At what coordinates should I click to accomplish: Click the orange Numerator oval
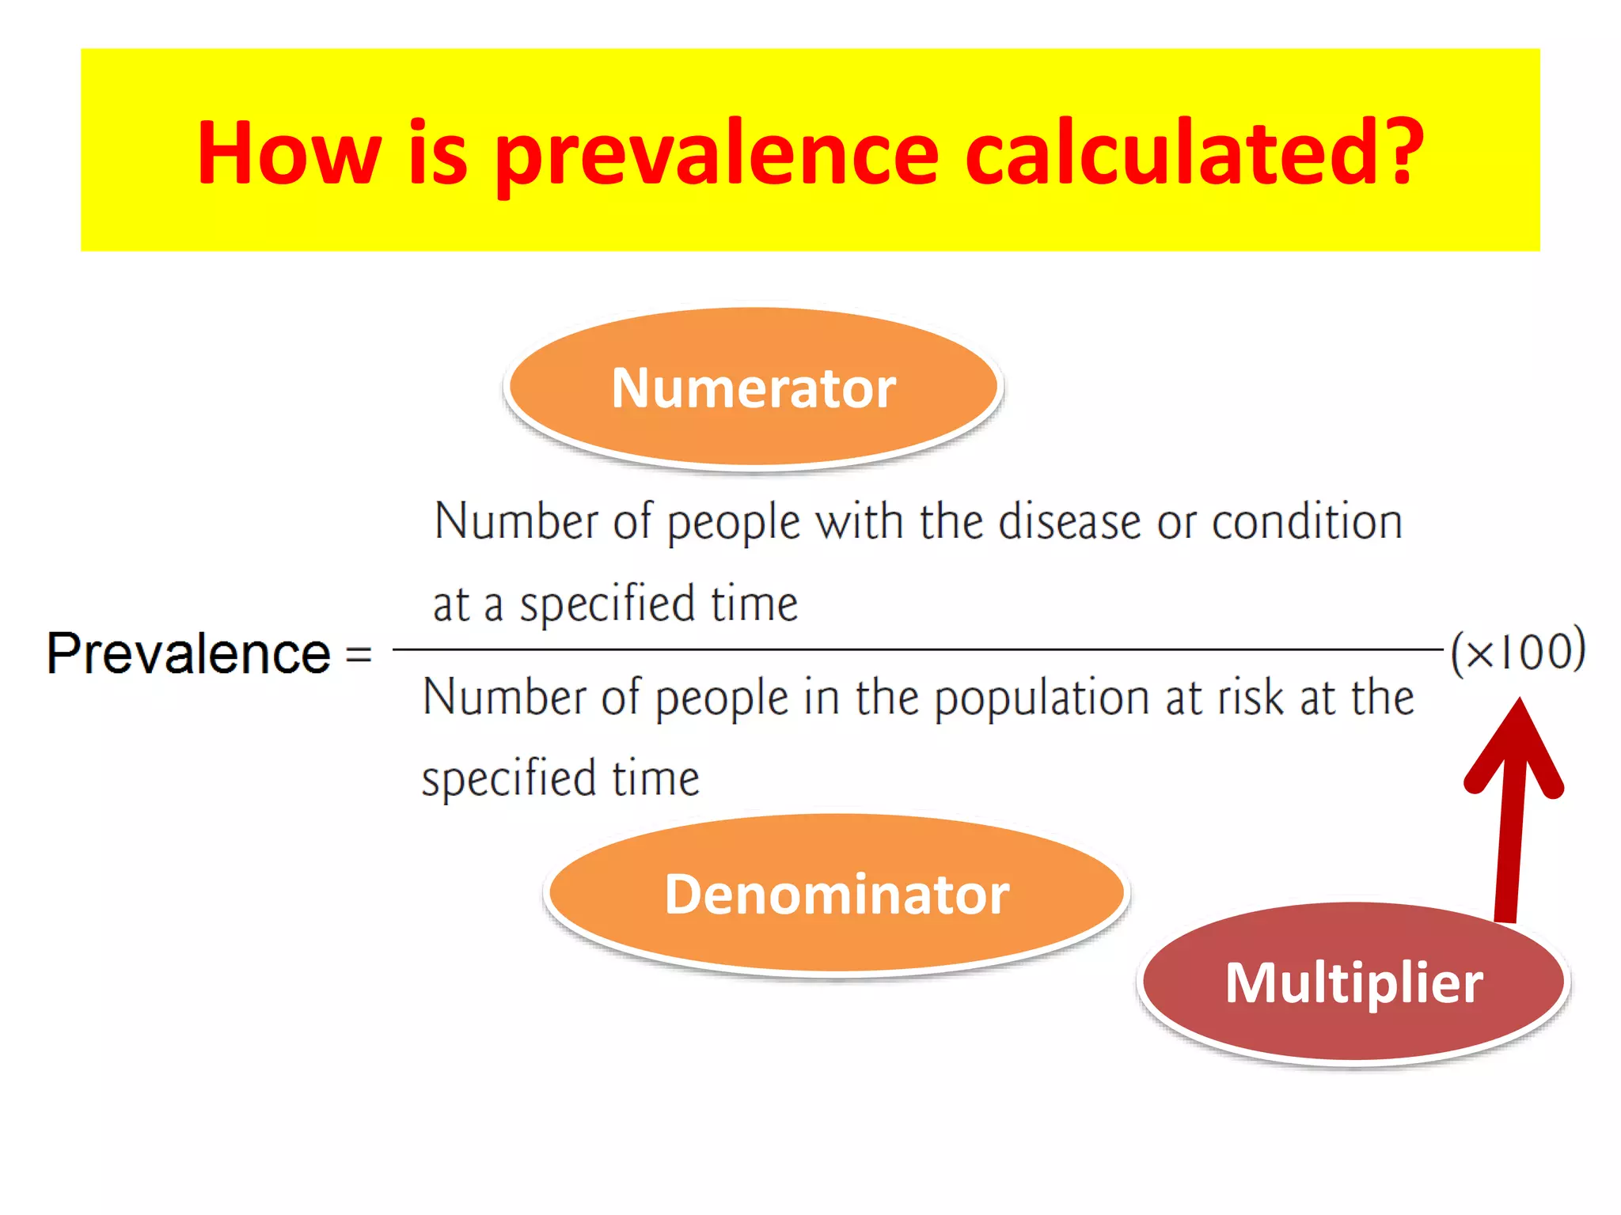coord(754,387)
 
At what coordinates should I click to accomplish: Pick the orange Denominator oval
coord(837,894)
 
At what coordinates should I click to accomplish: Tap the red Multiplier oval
coord(1353,982)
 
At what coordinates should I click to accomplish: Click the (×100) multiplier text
coord(1517,651)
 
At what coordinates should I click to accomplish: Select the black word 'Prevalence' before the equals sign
coord(188,653)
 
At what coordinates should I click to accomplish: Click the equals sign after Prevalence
coord(359,655)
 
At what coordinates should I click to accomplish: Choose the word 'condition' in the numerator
coord(1307,523)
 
